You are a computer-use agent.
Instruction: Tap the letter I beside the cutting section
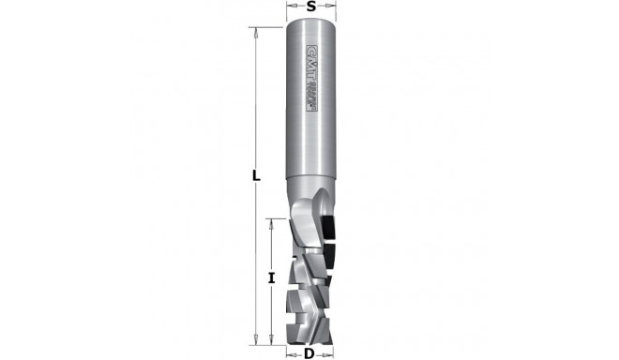coord(270,277)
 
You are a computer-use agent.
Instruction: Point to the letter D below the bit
coord(308,352)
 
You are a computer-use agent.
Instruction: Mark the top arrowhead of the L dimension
coord(255,30)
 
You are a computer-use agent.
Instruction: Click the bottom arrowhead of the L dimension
coord(255,340)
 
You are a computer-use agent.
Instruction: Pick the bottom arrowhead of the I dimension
coord(270,340)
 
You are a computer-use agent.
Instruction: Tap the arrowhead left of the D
coord(291,352)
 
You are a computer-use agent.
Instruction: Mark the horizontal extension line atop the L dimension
coord(267,27)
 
